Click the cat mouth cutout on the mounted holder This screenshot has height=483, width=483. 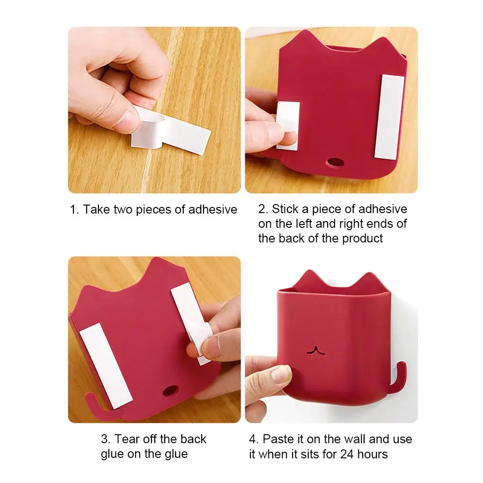click(316, 350)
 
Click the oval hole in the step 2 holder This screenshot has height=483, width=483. click(335, 162)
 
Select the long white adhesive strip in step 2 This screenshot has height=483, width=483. click(389, 117)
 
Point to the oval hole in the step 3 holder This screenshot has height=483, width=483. click(170, 391)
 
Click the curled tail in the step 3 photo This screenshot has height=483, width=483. click(98, 407)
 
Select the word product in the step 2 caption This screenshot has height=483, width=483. click(362, 238)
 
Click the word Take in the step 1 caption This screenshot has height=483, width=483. click(97, 209)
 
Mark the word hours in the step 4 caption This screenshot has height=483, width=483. click(372, 454)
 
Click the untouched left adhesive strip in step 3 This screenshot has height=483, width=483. click(106, 366)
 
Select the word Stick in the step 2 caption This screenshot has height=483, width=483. click(285, 209)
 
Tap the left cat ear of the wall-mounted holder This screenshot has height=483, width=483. click(309, 278)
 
